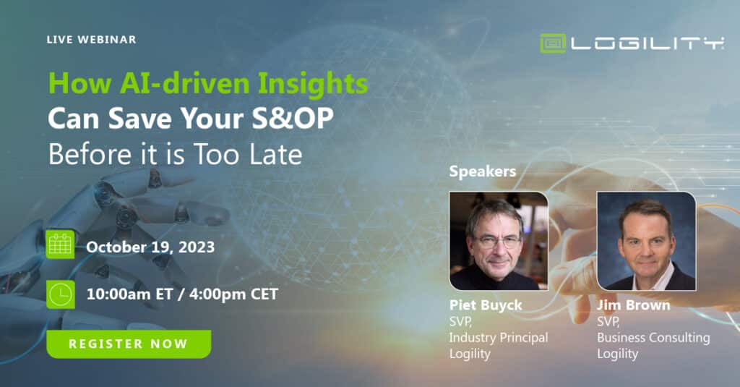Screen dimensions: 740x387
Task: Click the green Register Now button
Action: click(129, 344)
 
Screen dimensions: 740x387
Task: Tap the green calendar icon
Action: click(60, 244)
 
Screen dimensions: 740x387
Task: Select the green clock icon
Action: click(61, 294)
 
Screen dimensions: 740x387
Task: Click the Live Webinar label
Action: click(92, 40)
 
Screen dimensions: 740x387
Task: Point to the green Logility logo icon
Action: click(553, 43)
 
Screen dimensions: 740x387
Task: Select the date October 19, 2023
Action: click(150, 247)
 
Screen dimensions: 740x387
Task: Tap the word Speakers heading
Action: click(482, 171)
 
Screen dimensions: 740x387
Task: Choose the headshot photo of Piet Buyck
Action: click(499, 240)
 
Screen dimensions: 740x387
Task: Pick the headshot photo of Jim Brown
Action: click(647, 240)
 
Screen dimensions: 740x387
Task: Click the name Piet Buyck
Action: click(486, 306)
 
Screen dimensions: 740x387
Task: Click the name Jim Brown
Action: click(633, 305)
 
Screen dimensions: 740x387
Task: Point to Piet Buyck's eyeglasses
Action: click(497, 242)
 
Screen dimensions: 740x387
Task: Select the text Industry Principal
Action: click(499, 338)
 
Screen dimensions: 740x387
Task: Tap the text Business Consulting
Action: click(653, 338)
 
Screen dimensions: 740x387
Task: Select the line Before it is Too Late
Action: click(175, 154)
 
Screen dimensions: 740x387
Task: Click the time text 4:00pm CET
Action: click(233, 294)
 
